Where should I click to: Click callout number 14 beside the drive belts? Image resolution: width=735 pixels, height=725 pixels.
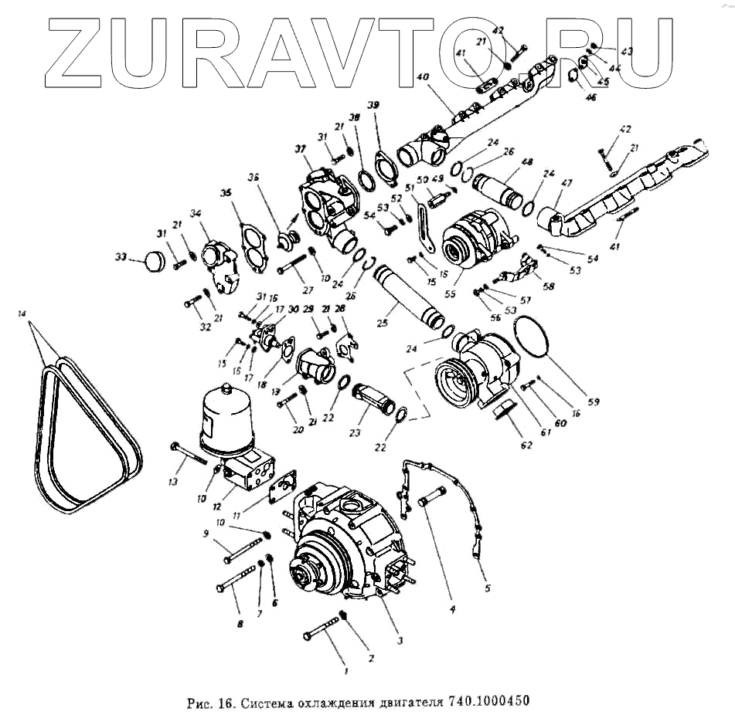click(22, 313)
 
